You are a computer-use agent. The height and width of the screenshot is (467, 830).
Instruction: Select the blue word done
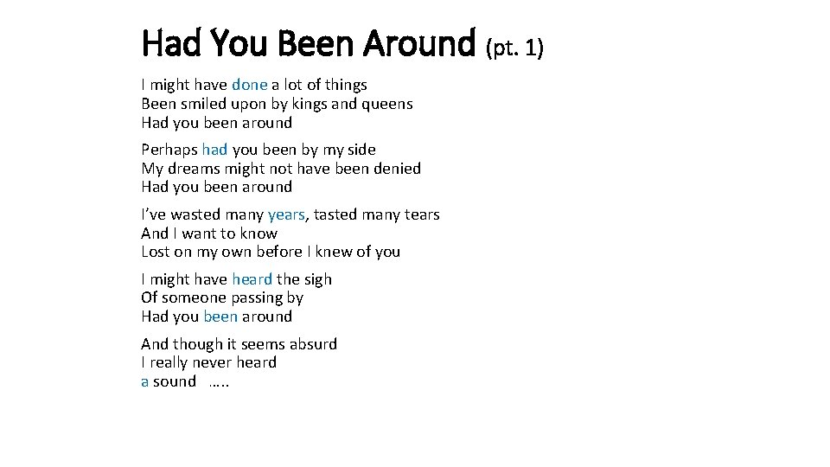point(249,85)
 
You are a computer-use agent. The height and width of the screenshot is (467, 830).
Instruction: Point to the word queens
point(386,104)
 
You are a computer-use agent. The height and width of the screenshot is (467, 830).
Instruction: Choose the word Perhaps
point(169,150)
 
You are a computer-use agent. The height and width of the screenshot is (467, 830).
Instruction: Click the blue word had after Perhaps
point(214,150)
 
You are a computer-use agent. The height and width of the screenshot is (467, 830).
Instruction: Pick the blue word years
point(287,214)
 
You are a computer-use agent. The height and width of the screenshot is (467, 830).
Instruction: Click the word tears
point(420,214)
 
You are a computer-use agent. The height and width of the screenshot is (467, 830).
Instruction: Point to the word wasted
point(195,214)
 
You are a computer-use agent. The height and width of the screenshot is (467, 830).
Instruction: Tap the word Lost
point(156,252)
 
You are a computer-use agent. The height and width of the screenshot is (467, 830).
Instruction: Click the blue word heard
point(252,279)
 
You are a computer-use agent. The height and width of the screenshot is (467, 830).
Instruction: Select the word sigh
point(317,279)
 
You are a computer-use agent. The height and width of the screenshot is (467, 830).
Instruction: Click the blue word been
point(220,317)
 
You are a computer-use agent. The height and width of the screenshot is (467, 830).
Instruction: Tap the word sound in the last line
point(175,381)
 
